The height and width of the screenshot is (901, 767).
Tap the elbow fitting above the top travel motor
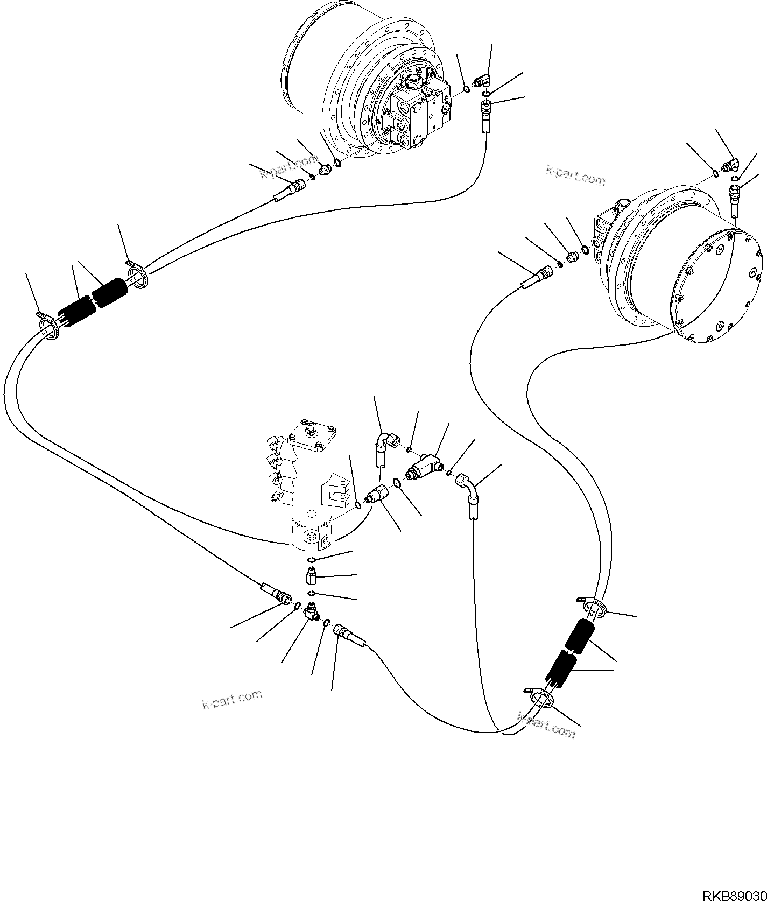pyautogui.click(x=482, y=81)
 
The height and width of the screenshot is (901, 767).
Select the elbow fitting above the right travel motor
pyautogui.click(x=731, y=165)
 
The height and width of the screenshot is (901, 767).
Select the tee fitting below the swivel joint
pyautogui.click(x=311, y=610)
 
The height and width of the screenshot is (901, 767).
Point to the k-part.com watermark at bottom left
pyautogui.click(x=232, y=699)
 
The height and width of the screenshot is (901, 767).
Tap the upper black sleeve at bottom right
pyautogui.click(x=579, y=635)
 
